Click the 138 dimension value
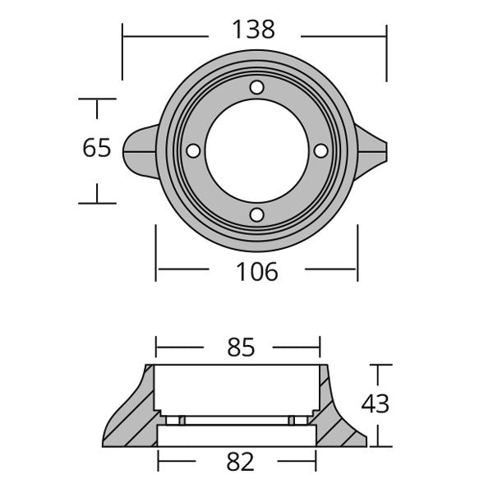253,30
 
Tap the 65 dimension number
97,148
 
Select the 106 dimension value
257,272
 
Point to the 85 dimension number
241,348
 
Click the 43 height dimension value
376,403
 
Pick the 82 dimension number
240,462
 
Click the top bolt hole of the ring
257,87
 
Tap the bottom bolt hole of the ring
257,215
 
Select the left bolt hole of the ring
193,151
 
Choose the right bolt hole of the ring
320,151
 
